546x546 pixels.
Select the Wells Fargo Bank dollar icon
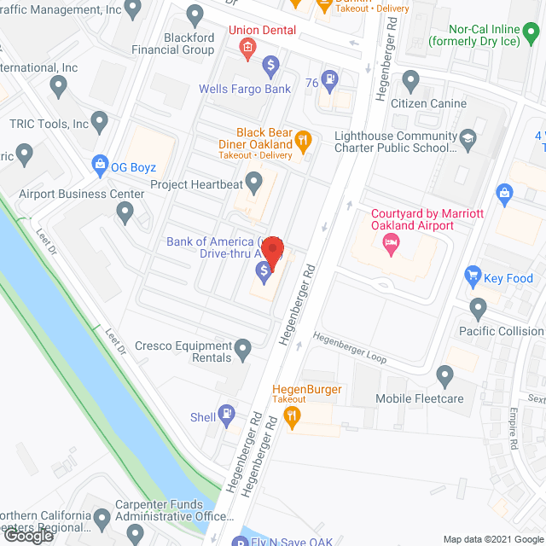pyautogui.click(x=270, y=63)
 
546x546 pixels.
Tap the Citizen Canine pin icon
pyautogui.click(x=411, y=83)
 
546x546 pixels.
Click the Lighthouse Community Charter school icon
pyautogui.click(x=468, y=137)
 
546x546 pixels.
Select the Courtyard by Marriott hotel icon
pyautogui.click(x=391, y=245)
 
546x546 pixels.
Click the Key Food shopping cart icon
pyautogui.click(x=471, y=276)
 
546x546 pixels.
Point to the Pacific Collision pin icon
pyautogui.click(x=478, y=307)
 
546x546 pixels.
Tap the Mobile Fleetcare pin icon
pyautogui.click(x=444, y=375)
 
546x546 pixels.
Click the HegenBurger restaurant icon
pyautogui.click(x=292, y=417)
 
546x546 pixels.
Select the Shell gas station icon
pyautogui.click(x=226, y=415)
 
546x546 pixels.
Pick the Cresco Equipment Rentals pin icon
pyautogui.click(x=243, y=348)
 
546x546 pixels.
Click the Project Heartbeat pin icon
pyautogui.click(x=253, y=182)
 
